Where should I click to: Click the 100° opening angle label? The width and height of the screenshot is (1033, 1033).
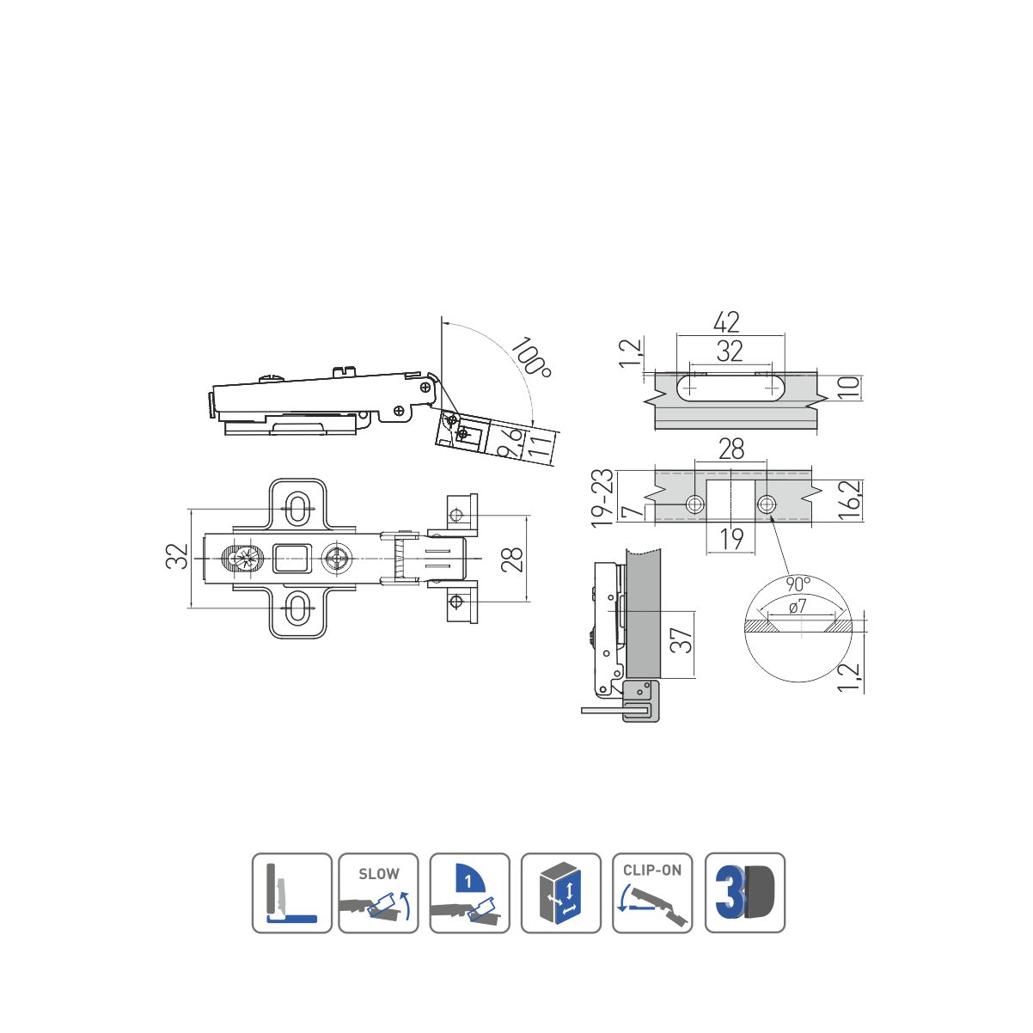click(x=531, y=357)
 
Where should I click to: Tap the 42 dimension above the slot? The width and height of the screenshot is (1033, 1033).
click(x=726, y=321)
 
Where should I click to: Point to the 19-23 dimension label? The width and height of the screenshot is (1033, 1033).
click(x=602, y=498)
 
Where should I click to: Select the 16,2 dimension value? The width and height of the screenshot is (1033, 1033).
click(x=850, y=499)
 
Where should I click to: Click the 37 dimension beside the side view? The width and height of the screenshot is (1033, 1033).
click(x=682, y=640)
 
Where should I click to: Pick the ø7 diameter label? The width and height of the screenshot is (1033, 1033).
click(x=798, y=606)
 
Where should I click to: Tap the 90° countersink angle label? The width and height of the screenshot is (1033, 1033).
click(x=798, y=584)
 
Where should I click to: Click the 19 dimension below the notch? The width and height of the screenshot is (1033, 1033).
click(x=731, y=539)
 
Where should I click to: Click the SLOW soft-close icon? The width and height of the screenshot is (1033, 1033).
click(x=378, y=893)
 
